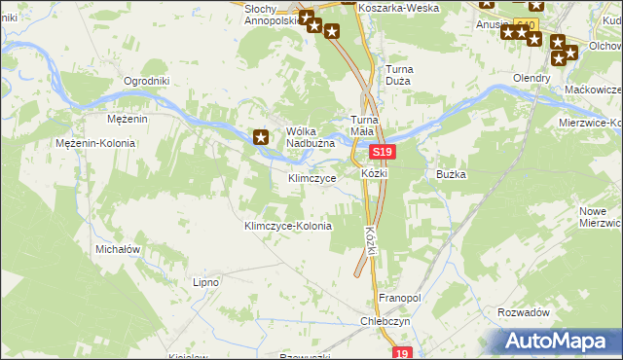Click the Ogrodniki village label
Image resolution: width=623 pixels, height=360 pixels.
point(147,81)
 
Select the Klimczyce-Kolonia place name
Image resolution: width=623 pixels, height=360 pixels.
point(287,226)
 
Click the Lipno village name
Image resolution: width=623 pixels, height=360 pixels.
point(205,282)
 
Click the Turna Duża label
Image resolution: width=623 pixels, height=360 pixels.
point(406,76)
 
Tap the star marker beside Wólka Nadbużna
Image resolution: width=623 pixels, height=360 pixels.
point(261,137)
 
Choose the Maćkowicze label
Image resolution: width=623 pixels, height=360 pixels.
point(593,89)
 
